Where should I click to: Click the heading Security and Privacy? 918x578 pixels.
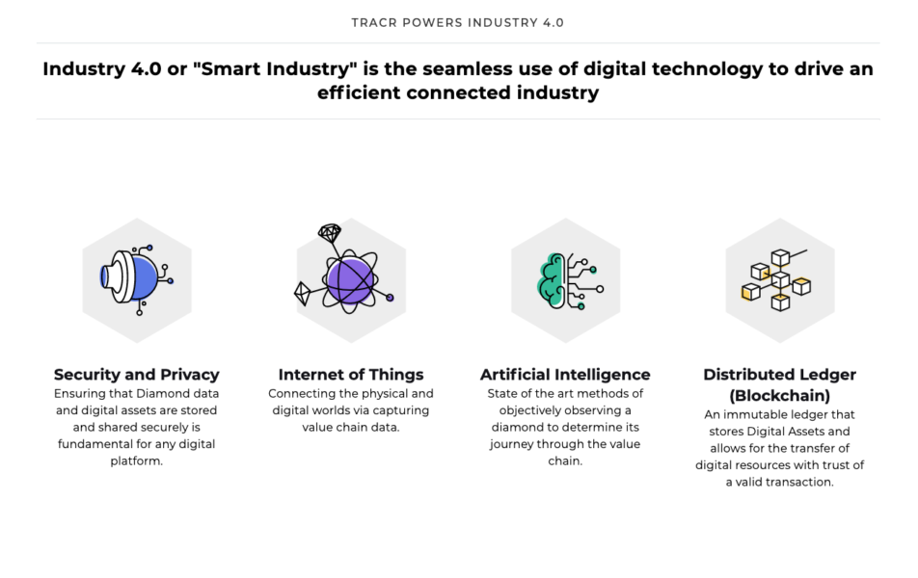coord(136,375)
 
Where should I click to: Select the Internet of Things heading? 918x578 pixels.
coord(351,375)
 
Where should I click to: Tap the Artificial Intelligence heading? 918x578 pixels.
coord(565,375)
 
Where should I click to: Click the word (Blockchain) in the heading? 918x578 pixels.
coord(780,396)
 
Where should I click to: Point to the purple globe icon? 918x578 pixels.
coord(349,280)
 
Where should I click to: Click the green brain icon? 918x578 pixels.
coord(552,280)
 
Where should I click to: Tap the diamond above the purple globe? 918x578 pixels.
coord(330,233)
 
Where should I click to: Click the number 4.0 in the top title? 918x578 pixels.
coord(553,23)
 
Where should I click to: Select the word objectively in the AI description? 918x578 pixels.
coord(531,410)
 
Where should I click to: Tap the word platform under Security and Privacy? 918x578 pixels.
coord(135,461)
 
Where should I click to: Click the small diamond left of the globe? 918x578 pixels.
coord(302,294)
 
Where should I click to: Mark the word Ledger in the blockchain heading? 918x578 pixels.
coord(831,376)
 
